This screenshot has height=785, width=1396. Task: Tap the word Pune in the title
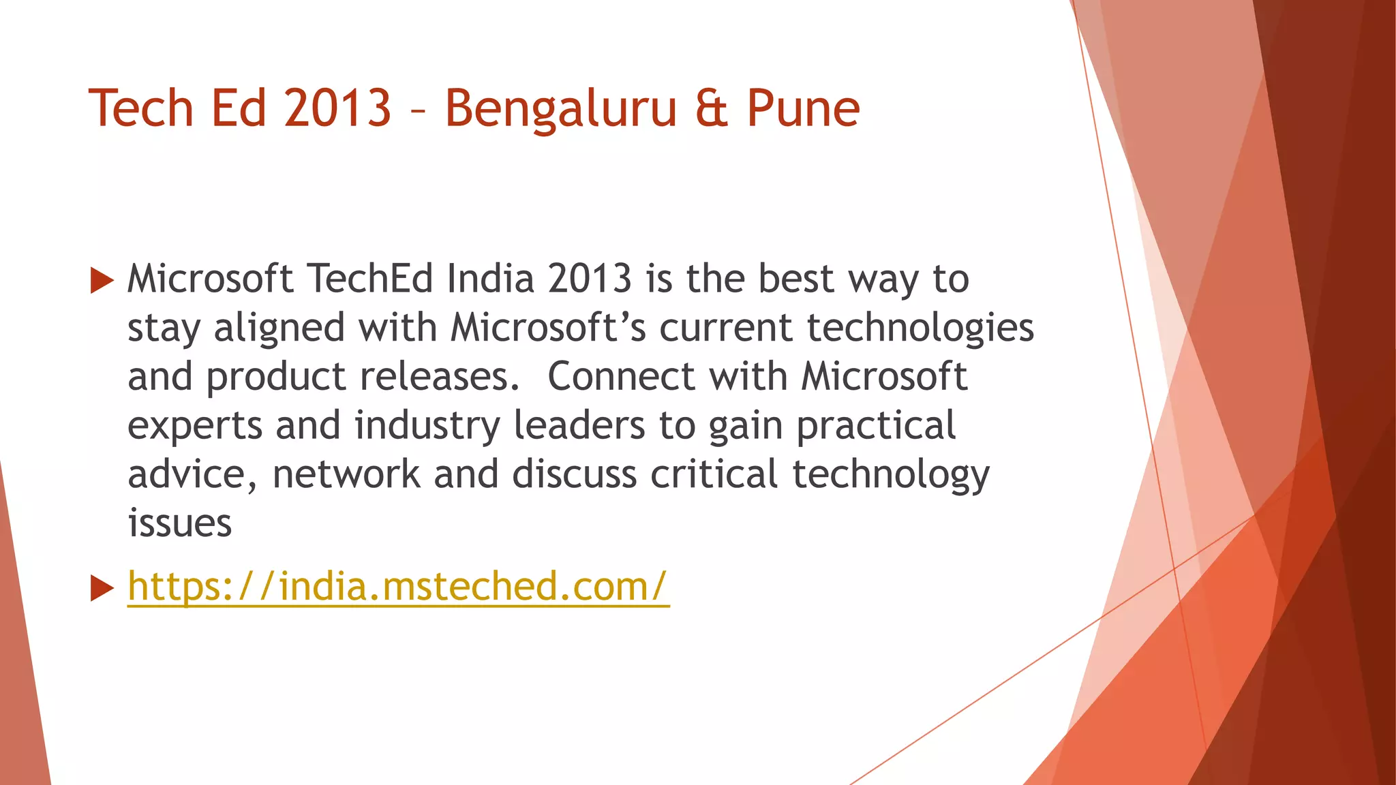(x=803, y=109)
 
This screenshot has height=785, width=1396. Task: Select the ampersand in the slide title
(x=712, y=109)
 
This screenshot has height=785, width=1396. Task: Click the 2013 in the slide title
(x=337, y=109)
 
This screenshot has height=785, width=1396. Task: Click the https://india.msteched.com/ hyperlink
(x=398, y=586)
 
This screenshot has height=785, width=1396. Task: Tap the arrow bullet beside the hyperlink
(x=102, y=588)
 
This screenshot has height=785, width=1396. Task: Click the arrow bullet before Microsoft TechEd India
(x=102, y=280)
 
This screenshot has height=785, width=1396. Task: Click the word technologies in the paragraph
(x=920, y=328)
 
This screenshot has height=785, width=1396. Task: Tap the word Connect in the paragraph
(x=621, y=377)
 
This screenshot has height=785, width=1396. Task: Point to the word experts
(x=195, y=427)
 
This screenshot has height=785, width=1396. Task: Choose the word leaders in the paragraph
(x=579, y=426)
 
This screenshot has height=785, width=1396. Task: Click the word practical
(x=876, y=427)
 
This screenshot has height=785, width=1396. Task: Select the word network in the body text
(x=346, y=474)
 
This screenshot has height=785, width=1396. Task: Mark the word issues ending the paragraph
(x=180, y=523)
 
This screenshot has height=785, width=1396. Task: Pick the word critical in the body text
(x=714, y=474)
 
